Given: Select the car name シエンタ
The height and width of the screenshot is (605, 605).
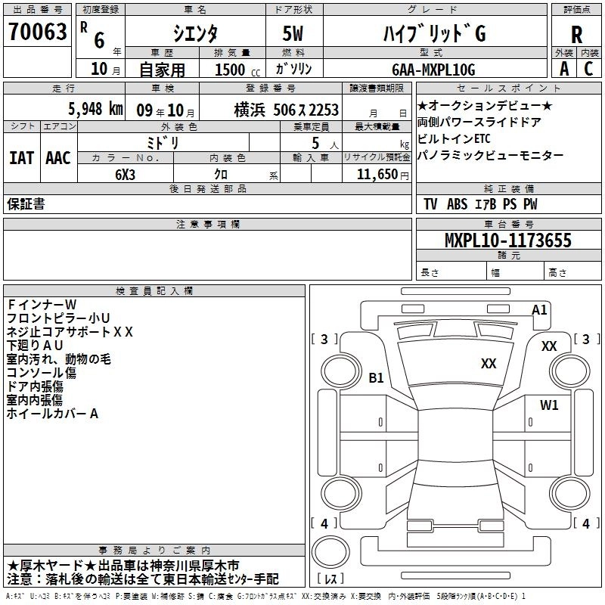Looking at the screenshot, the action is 194,34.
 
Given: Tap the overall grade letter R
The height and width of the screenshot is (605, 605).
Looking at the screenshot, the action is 576,35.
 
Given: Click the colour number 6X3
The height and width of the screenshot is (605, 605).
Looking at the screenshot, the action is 125,175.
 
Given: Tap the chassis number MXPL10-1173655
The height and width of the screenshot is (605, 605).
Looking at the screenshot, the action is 507,240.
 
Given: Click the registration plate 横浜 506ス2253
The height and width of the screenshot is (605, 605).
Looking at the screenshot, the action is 287,110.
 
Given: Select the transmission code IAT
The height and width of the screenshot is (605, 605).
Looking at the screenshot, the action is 21,158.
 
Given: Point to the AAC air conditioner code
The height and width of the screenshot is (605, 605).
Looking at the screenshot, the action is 58,158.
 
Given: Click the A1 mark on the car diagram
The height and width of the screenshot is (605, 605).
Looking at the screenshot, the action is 539,309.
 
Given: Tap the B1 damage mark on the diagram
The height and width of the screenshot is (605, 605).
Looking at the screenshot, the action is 376,377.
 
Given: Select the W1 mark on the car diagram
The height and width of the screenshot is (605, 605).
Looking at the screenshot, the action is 549,405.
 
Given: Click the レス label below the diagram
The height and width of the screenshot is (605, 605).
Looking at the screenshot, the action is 330,579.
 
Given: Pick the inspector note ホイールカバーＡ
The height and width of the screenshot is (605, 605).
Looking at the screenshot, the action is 53,414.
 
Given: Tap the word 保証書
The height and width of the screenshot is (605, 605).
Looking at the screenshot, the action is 26,204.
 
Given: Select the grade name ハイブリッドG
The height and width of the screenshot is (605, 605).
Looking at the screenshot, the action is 432,34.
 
